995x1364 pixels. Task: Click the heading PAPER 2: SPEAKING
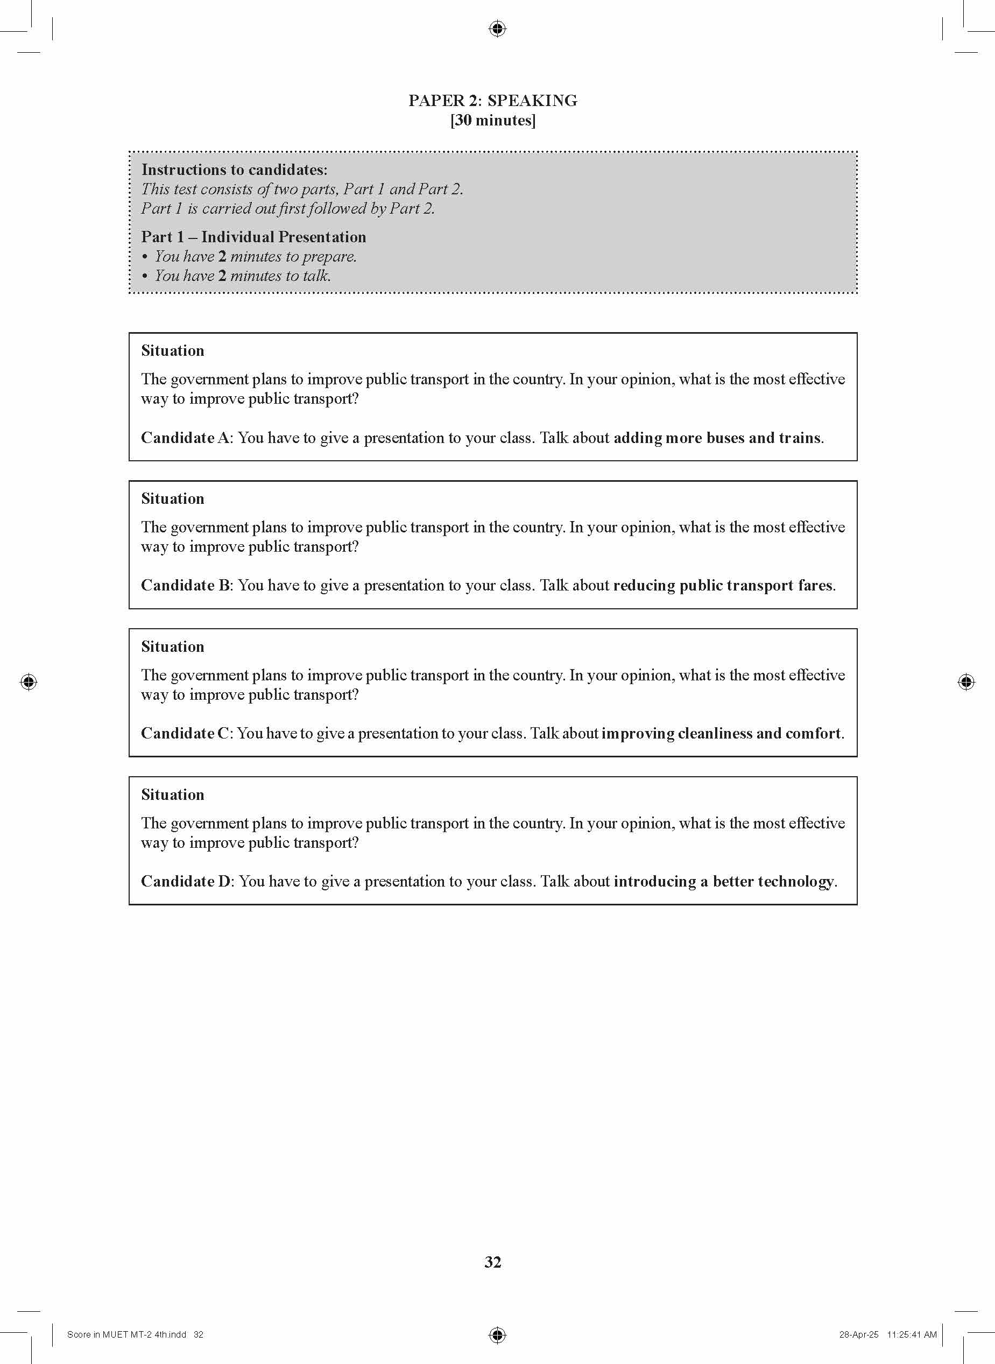493,101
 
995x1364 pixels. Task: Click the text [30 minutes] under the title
493,121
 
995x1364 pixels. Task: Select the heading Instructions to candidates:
234,170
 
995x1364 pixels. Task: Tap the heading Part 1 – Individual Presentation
253,237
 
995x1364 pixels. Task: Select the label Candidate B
186,586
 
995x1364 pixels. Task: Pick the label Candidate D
186,881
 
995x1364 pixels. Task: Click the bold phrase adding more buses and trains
717,438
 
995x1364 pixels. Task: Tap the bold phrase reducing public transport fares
723,586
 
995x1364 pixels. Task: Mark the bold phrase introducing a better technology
724,881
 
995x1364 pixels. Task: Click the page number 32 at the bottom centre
493,1262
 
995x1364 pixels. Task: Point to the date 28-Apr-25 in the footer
859,1334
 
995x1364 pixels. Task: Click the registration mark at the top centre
497,29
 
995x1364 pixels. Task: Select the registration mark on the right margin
965,682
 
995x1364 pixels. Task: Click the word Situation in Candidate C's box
173,647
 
